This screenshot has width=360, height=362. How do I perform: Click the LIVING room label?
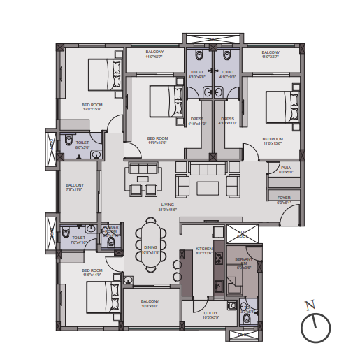click(x=166, y=205)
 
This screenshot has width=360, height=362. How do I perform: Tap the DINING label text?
click(x=151, y=247)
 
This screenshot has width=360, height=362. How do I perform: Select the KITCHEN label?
click(x=204, y=249)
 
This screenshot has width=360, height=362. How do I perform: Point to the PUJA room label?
click(x=286, y=168)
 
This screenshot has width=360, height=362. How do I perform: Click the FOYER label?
click(x=284, y=198)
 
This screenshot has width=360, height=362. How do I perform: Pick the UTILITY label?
click(x=210, y=313)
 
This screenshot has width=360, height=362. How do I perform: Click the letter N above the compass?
click(x=311, y=305)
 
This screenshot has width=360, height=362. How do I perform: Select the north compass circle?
click(x=315, y=327)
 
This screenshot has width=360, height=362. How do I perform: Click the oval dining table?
click(x=152, y=242)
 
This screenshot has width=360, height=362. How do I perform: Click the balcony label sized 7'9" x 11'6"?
click(x=74, y=185)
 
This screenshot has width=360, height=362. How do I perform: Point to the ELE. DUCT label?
click(x=243, y=233)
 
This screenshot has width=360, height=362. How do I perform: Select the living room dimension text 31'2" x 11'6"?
click(x=166, y=210)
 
